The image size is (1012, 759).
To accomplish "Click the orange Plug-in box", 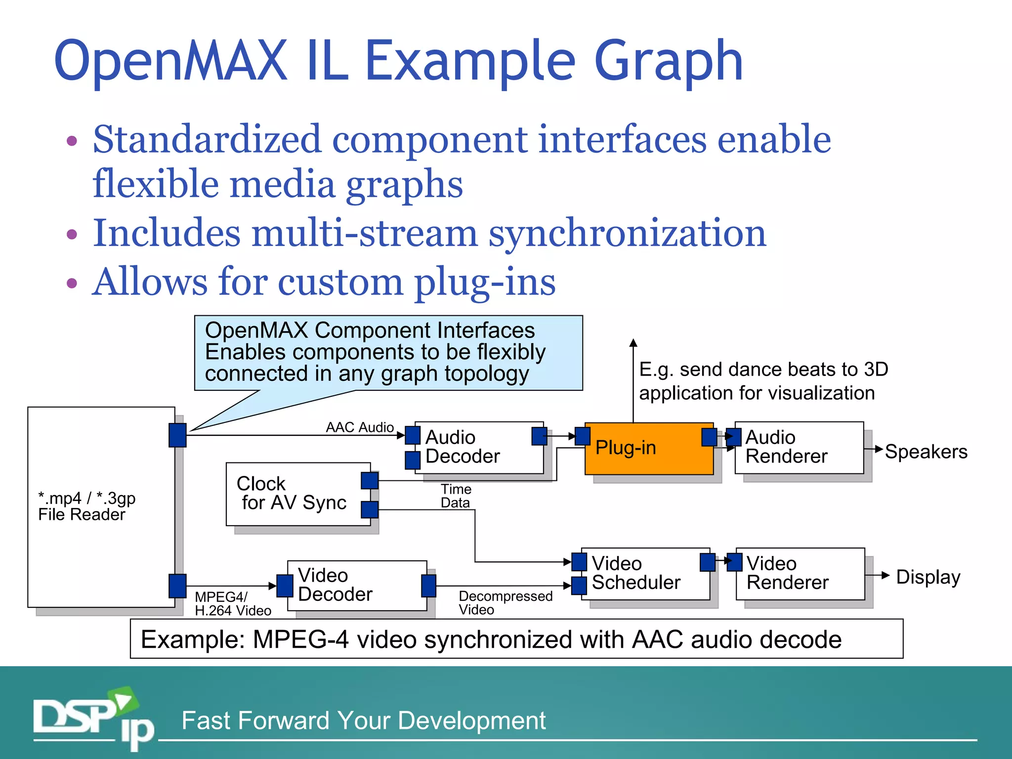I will [x=648, y=448].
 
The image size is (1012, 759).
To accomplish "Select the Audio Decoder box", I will [x=478, y=447].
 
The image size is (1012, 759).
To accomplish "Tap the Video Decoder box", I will [x=357, y=585].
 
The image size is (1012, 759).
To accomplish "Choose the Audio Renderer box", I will [x=799, y=447].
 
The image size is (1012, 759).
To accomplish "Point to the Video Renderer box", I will [x=800, y=573].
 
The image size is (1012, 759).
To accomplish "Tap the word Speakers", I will [x=926, y=452].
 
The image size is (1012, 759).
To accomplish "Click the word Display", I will [x=928, y=577].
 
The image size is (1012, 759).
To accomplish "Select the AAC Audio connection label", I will [x=360, y=427].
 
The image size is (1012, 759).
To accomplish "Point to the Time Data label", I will [x=456, y=496].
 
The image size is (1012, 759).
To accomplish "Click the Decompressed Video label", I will [x=505, y=603].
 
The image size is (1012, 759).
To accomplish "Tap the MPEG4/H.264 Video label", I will [x=232, y=604].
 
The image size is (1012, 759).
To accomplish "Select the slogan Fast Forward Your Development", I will [x=363, y=720].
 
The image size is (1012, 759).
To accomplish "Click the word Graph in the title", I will [x=668, y=62].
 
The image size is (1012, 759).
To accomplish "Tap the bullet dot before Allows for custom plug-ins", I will [x=72, y=283].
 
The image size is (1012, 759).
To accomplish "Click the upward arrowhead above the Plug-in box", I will [x=633, y=343].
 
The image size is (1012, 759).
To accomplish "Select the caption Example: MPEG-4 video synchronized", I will [x=491, y=639].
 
